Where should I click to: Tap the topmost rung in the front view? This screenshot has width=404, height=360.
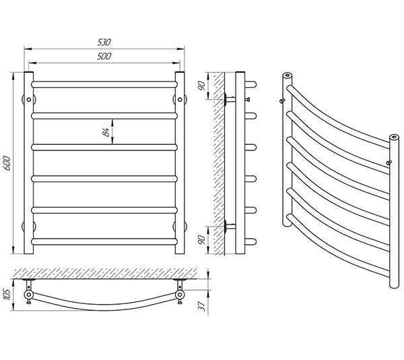pyautogui.click(x=105, y=85)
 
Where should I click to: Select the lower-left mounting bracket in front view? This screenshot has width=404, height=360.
pyautogui.click(x=29, y=226)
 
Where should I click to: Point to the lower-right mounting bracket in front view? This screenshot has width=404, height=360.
pyautogui.click(x=180, y=226)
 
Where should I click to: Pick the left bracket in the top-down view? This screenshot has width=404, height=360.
pyautogui.click(x=29, y=295)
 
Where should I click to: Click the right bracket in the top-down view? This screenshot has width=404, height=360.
pyautogui.click(x=180, y=295)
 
